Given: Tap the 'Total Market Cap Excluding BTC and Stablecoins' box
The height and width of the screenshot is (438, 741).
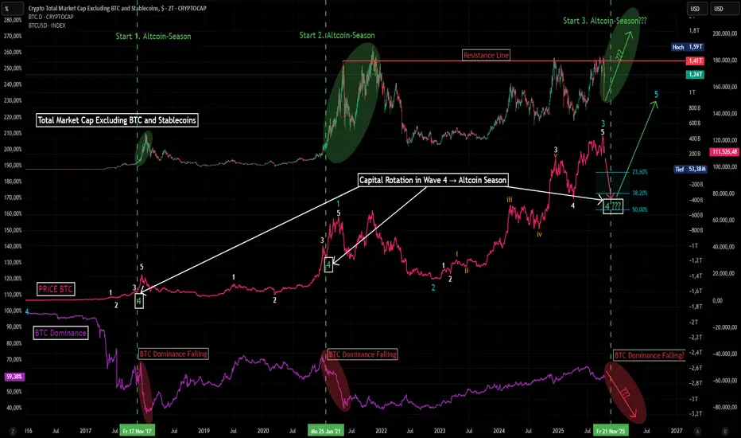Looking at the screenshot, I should pyautogui.click(x=117, y=120).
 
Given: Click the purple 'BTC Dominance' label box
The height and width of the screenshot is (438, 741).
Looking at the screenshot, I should pyautogui.click(x=60, y=332).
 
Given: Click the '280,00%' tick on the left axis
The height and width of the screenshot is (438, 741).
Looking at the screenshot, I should pyautogui.click(x=14, y=36).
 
